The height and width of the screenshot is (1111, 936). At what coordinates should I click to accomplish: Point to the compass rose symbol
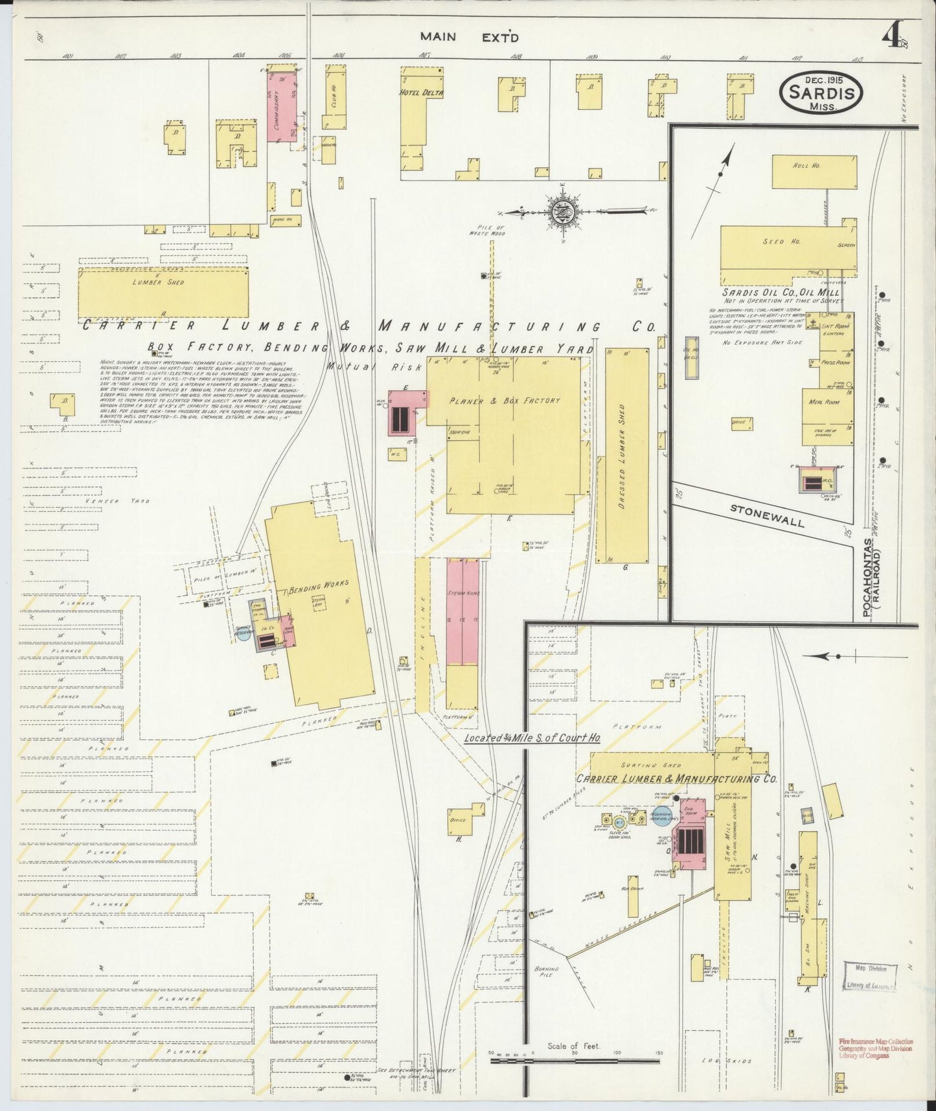pyautogui.click(x=560, y=211)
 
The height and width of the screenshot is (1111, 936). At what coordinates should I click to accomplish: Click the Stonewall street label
pyautogui.click(x=767, y=514)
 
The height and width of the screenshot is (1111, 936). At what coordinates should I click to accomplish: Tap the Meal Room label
pyautogui.click(x=824, y=402)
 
